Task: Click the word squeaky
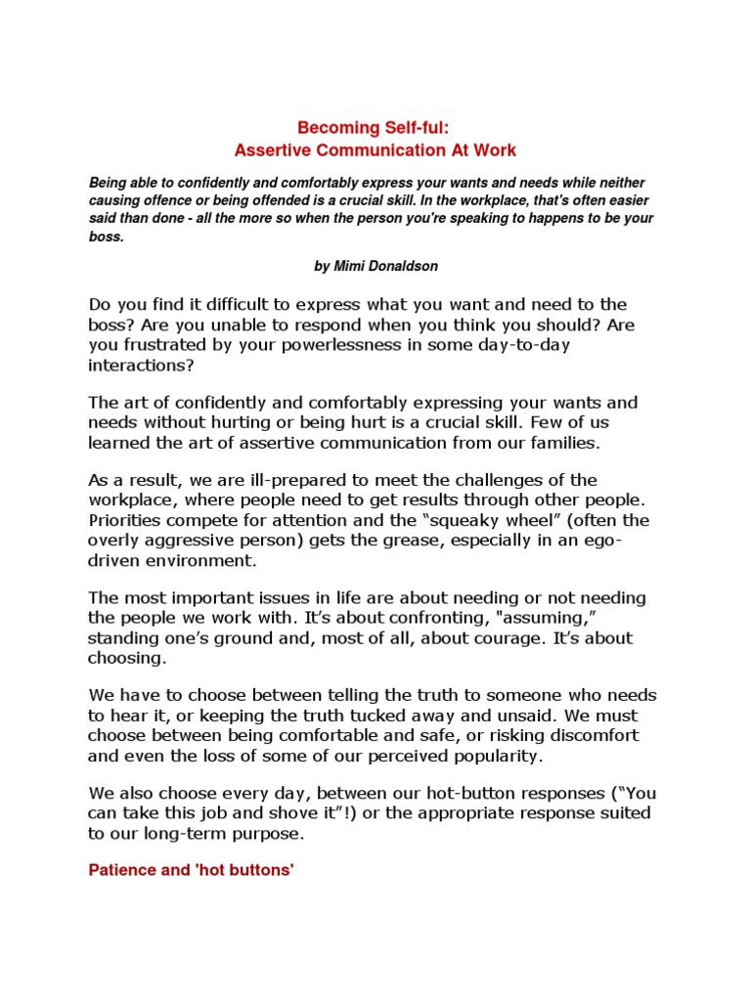(459, 519)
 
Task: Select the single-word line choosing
(127, 658)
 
